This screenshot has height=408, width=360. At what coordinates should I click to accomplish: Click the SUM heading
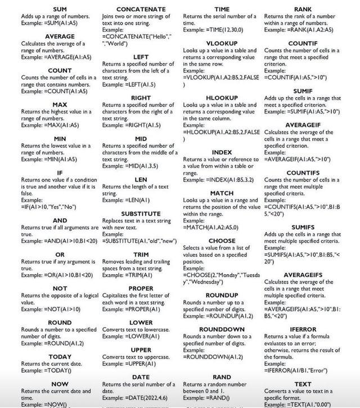[x=59, y=10]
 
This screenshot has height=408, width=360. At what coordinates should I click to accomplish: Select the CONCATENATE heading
[x=141, y=10]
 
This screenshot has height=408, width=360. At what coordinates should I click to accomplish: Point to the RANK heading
[x=303, y=10]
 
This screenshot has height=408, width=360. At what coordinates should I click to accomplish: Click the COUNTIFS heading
[x=303, y=173]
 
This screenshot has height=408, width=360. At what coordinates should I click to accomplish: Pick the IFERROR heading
[x=303, y=329]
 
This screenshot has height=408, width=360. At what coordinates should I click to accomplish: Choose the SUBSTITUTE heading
[x=141, y=214]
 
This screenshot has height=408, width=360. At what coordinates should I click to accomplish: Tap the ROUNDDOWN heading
[x=222, y=329]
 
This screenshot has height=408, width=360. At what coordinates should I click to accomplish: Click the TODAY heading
[x=60, y=357]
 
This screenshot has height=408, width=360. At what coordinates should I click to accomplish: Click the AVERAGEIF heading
[x=303, y=125]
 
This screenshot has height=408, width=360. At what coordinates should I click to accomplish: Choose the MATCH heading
[x=222, y=193]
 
